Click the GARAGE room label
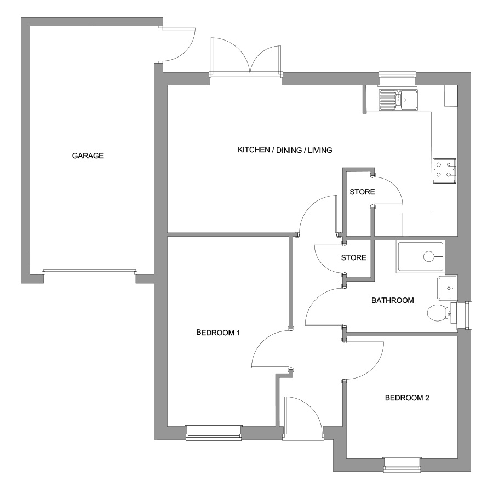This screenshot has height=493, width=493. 88,156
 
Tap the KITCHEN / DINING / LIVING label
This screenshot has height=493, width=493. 285,150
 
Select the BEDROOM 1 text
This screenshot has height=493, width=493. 218,333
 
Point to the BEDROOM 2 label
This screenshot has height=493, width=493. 407,398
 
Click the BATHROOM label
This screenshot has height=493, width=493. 392,300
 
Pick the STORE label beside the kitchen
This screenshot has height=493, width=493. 362,192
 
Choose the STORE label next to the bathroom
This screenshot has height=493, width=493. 354,257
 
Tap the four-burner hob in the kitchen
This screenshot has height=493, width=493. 444,171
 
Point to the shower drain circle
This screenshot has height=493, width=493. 428,256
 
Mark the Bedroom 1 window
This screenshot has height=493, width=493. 214,433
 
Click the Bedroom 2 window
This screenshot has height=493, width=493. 402,465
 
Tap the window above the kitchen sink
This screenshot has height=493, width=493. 398,78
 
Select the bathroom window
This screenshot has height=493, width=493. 465,316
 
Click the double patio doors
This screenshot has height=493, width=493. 246,57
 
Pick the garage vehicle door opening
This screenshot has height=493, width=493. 90,272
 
